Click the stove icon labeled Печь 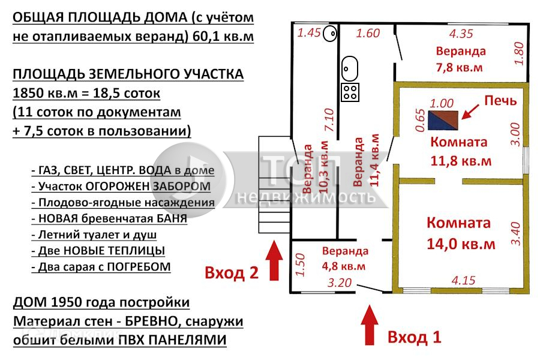[443, 119]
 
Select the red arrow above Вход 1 [370, 326]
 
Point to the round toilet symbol [329, 34]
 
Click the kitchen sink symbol [349, 69]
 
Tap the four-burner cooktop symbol [350, 92]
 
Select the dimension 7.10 [328, 120]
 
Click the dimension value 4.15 [463, 280]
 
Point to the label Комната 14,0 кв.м [459, 233]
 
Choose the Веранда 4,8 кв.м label [345, 257]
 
